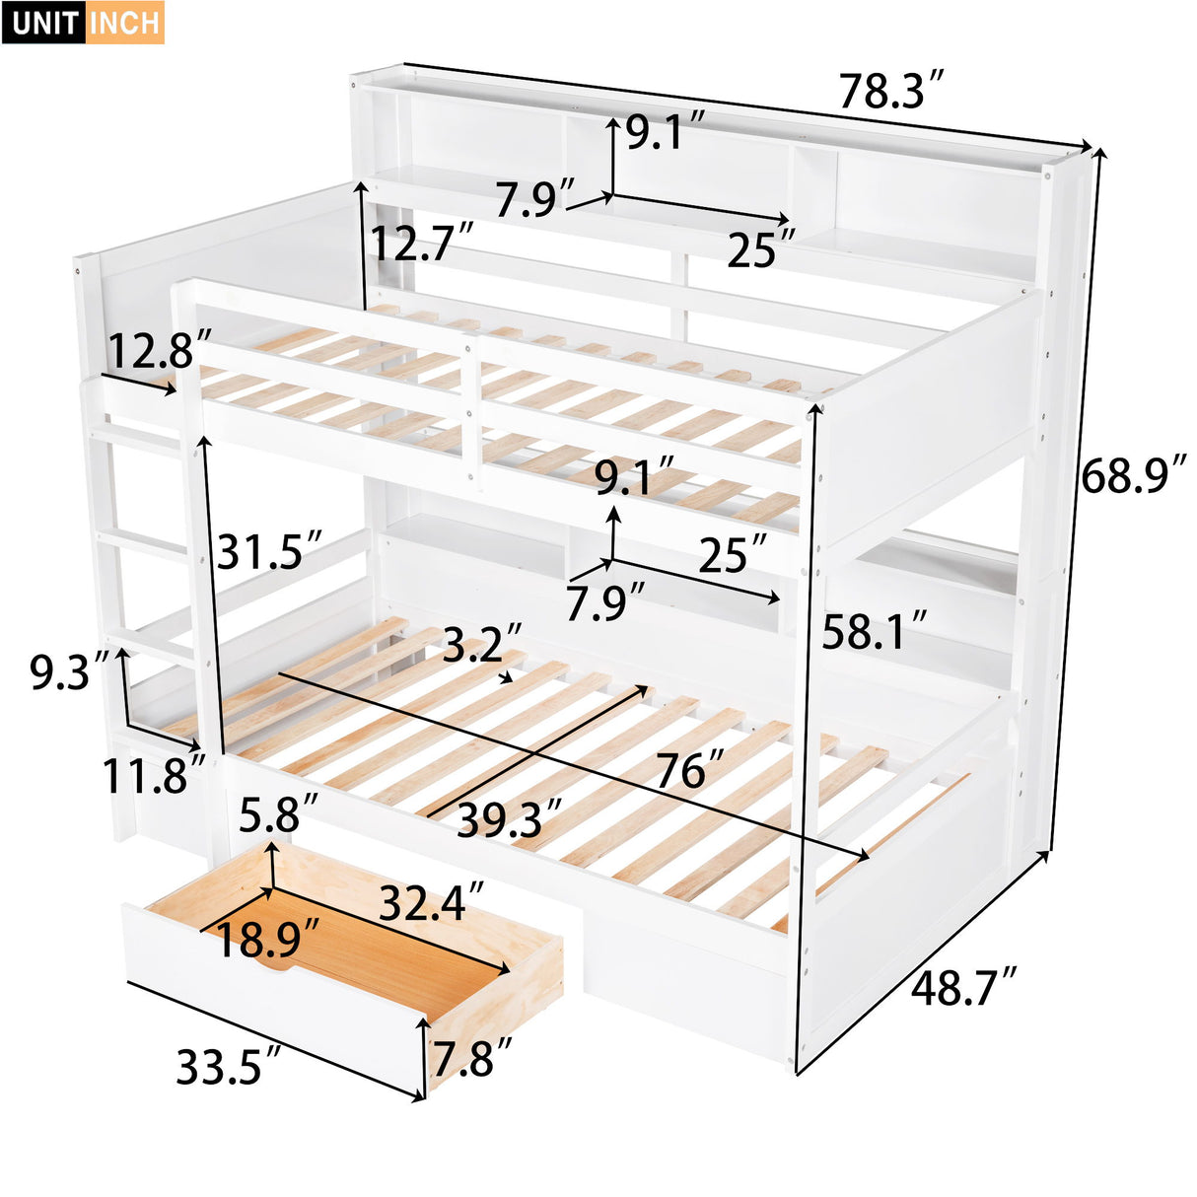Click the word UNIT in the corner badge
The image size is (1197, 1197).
tap(45, 23)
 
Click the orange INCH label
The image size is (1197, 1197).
tap(125, 23)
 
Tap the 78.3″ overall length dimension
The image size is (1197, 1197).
tap(891, 92)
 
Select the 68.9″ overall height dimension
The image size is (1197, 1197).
tap(1132, 477)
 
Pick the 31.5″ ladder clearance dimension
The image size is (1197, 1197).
tap(269, 550)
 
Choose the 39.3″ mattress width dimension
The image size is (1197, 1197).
tap(509, 819)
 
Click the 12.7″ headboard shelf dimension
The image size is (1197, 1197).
tap(422, 243)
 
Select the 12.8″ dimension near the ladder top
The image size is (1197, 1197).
tap(159, 351)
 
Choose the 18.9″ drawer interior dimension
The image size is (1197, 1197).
tap(267, 940)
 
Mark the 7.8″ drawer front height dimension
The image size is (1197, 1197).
tap(472, 1058)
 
